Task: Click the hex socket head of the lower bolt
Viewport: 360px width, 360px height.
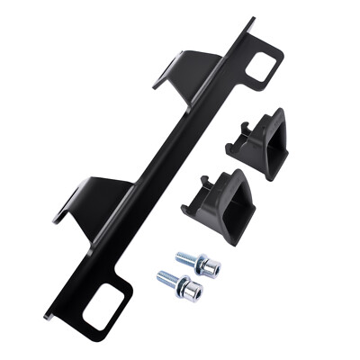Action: point(193,290)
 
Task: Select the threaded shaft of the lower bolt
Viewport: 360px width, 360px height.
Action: point(167,278)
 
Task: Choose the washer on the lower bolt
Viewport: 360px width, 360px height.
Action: point(183,286)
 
